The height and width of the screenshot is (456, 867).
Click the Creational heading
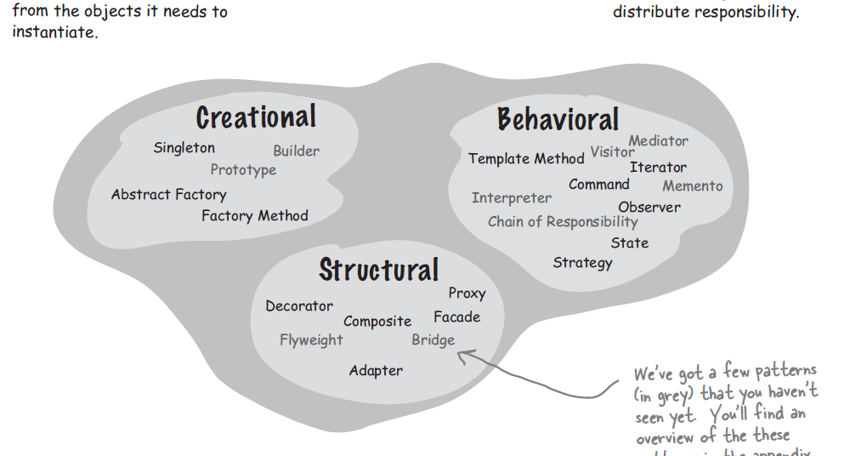tap(256, 117)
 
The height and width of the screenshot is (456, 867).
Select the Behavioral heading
tap(558, 120)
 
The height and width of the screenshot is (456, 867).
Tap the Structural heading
tap(378, 270)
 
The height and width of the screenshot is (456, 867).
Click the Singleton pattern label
tap(184, 148)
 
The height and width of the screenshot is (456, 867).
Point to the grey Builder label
tap(296, 151)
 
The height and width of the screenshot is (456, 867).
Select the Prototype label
tap(243, 170)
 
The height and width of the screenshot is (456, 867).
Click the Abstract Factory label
tap(168, 195)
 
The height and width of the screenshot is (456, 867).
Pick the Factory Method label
tap(254, 216)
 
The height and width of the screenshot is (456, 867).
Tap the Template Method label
tap(526, 159)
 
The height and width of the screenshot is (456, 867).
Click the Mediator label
tap(658, 141)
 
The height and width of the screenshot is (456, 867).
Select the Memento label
tap(693, 186)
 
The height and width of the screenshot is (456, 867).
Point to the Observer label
tap(649, 208)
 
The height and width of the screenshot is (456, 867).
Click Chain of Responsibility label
tap(563, 222)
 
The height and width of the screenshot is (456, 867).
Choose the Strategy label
tap(582, 263)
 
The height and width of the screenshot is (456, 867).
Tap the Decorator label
tap(299, 306)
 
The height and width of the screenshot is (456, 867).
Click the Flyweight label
tap(311, 340)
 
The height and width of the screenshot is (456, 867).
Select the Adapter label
tap(376, 371)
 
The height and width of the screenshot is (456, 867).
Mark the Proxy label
tap(467, 294)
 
